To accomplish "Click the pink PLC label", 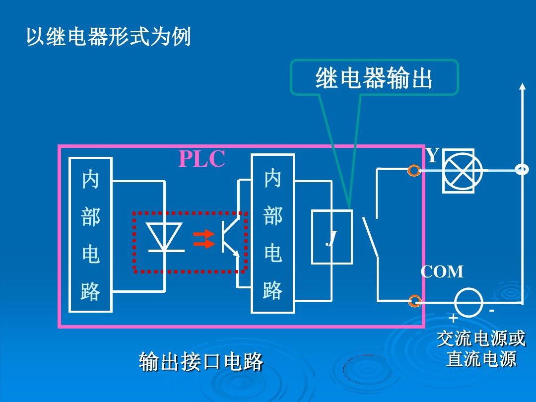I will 201,159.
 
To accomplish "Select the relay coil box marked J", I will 332,237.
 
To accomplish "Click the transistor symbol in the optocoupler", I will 228,238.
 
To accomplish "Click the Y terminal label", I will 432,156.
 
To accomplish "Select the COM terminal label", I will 442,272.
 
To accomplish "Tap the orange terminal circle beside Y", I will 414,171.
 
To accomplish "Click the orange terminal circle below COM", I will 414,301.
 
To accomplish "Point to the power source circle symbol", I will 469,301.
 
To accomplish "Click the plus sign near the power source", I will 453,318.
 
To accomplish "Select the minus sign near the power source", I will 491,311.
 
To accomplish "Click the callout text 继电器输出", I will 374,78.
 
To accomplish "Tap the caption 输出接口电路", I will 201,362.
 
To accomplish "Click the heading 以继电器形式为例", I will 108,37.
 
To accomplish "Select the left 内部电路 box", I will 90,235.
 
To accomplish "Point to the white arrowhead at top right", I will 522,87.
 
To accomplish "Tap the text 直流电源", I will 480,359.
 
